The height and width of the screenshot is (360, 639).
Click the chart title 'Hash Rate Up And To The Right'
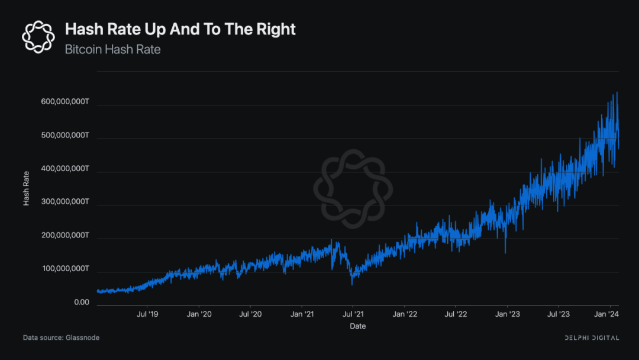tap(180, 29)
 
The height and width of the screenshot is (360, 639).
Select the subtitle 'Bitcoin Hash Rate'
tap(112, 49)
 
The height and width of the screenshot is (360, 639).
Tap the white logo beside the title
tap(38, 36)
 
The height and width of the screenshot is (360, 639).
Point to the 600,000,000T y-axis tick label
tap(65, 102)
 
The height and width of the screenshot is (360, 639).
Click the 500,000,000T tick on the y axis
tap(65, 136)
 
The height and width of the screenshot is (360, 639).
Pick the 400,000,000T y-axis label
tap(65, 169)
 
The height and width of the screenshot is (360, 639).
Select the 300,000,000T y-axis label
tap(65, 202)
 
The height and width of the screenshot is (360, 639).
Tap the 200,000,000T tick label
tap(65, 236)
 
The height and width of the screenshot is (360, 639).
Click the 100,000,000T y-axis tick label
tap(65, 269)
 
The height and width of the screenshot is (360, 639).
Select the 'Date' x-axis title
tap(357, 326)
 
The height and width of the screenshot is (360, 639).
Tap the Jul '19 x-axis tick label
tap(147, 314)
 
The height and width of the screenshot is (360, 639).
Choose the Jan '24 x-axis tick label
tap(606, 314)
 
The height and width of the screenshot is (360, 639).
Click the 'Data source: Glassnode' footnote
tap(61, 337)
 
